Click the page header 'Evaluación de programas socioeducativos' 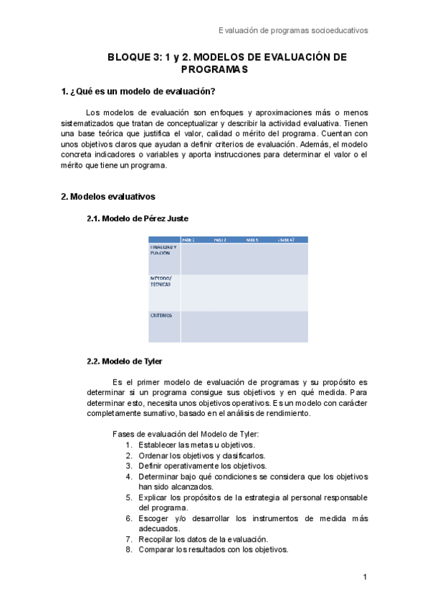(292, 31)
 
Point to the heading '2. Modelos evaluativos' (108, 196)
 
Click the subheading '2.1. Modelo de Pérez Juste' (137, 218)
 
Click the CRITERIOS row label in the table (161, 316)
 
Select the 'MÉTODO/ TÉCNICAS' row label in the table (162, 281)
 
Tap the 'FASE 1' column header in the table (189, 240)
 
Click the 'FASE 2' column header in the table (220, 240)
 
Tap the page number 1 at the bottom (365, 577)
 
